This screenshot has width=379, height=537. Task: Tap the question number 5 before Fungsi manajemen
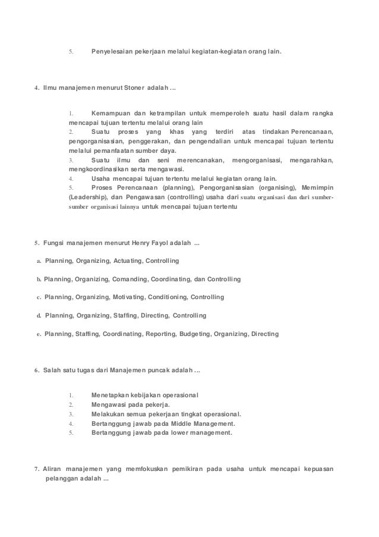pyautogui.click(x=37, y=243)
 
